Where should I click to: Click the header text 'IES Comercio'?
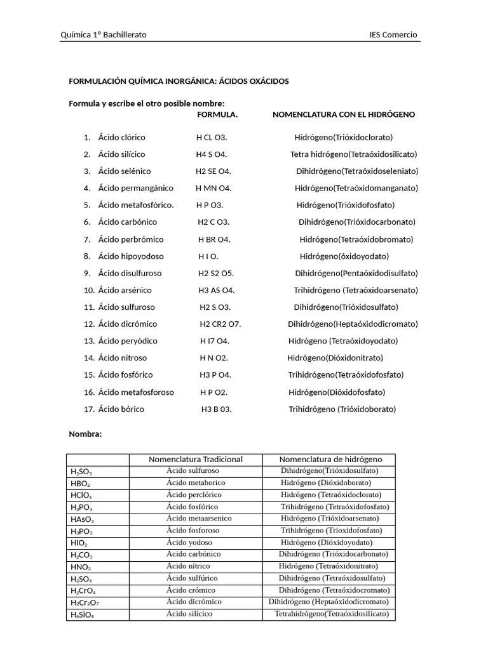coord(393,35)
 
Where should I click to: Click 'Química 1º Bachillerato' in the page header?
coord(103,35)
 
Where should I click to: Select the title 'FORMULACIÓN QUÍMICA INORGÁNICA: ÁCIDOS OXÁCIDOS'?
coord(179,81)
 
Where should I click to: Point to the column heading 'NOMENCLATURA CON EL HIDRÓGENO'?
coord(344,115)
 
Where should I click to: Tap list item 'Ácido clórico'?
coord(121,137)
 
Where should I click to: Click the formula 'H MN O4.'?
coord(213,189)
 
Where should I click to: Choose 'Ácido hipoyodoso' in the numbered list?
coord(131,256)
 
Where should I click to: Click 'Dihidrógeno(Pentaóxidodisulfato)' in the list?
coord(356,274)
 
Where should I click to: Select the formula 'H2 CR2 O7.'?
coord(220,324)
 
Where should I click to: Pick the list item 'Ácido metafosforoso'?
coord(136,392)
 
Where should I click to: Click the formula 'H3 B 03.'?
coord(217,409)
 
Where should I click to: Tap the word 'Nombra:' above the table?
coord(85,434)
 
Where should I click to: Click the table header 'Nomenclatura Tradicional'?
coord(196,459)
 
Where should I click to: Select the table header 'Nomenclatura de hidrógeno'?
coord(330,459)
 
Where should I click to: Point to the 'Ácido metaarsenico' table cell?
coord(199,519)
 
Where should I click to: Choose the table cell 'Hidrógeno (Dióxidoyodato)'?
coord(327,543)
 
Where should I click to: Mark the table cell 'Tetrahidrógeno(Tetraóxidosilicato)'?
coord(331,614)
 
